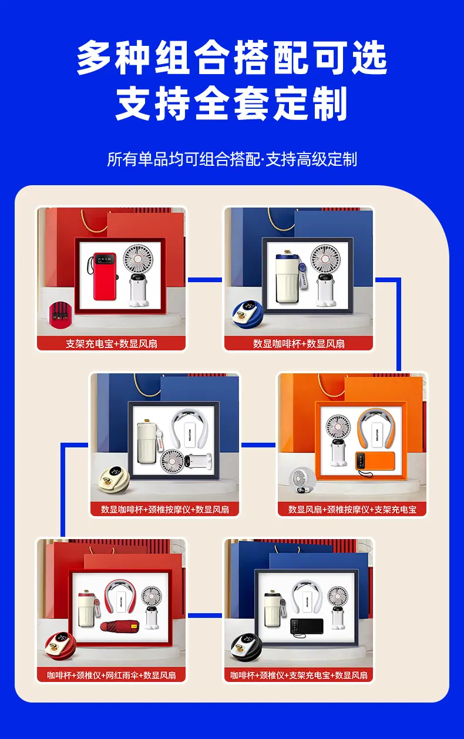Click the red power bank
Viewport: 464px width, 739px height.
tap(105, 276)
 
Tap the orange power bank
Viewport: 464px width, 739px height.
tap(375, 460)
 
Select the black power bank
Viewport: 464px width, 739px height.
tap(307, 626)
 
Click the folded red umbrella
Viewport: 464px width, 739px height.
tap(120, 627)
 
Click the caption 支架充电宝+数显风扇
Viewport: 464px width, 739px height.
tap(112, 344)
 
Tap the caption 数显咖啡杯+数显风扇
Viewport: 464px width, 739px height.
tap(298, 344)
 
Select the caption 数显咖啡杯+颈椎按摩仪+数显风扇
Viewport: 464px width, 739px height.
tap(165, 509)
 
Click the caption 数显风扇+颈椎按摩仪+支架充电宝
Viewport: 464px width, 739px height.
tap(352, 509)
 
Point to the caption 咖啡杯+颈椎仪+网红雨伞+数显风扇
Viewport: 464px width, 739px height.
tap(112, 675)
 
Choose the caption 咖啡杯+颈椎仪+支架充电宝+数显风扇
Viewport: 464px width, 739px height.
tap(298, 675)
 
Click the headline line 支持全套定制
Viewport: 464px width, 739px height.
tap(231, 103)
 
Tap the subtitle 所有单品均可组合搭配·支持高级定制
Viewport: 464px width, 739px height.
tap(232, 159)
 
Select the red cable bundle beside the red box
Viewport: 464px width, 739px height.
tap(60, 315)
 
